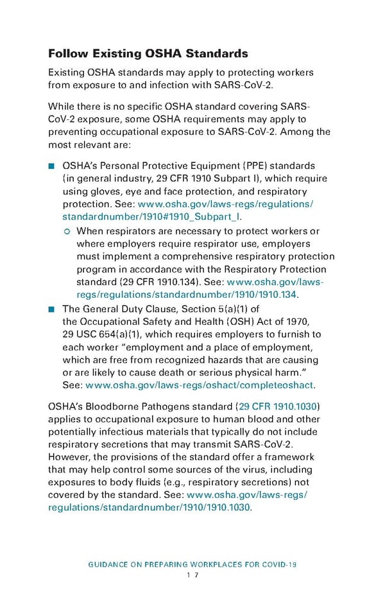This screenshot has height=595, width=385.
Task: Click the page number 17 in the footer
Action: (x=192, y=576)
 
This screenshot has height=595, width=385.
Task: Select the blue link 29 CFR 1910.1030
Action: (x=278, y=407)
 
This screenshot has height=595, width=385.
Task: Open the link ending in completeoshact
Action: (x=200, y=384)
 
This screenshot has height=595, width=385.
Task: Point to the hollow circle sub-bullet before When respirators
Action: (x=67, y=231)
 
